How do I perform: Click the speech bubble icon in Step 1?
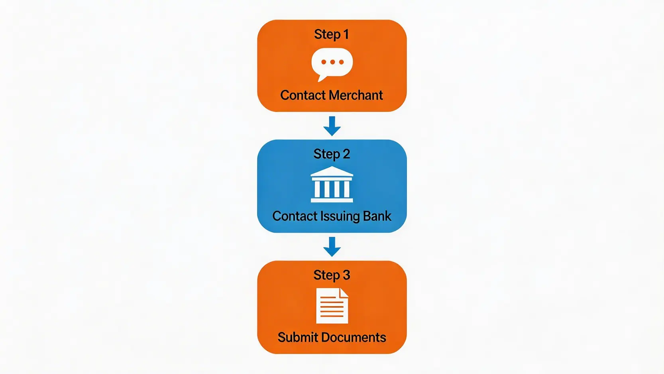[332, 63]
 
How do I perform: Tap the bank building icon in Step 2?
[332, 185]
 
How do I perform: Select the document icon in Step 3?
[332, 306]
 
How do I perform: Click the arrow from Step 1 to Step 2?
[332, 126]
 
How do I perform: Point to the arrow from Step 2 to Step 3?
[332, 247]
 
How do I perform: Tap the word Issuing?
[340, 216]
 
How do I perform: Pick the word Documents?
[354, 338]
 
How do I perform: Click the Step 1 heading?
[332, 34]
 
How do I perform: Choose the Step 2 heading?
[332, 154]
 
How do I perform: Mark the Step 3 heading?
[332, 275]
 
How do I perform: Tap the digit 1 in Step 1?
[346, 34]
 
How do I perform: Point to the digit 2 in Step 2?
[346, 154]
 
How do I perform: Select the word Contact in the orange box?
[303, 95]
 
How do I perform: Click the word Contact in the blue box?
[295, 216]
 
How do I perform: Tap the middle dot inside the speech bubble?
[332, 62]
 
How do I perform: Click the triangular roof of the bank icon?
[332, 172]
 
